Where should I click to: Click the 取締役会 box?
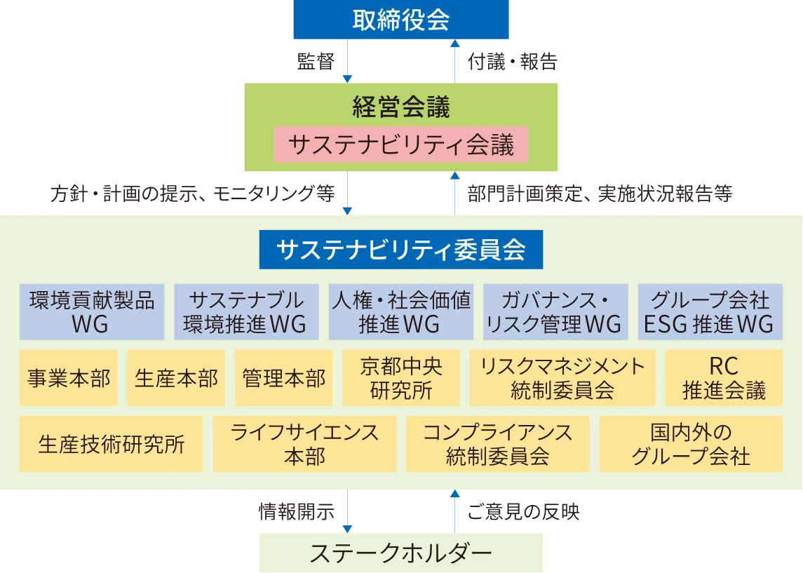tap(400, 20)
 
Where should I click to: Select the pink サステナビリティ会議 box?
tap(400, 145)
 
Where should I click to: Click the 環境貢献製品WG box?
tap(92, 312)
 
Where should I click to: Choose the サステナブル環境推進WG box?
tap(246, 312)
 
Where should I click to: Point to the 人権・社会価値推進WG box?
tap(400, 312)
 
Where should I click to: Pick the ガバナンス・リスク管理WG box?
tap(555, 312)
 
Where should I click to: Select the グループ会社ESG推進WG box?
tap(710, 312)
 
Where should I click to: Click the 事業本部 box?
tap(69, 379)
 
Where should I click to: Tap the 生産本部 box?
tap(176, 379)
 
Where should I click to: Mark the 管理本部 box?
tap(284, 379)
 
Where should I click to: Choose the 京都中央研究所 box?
tap(400, 379)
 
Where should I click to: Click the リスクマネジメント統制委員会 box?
tap(562, 379)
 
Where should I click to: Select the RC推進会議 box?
tap(724, 379)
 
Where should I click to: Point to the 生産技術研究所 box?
tap(111, 444)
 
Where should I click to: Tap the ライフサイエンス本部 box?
tap(304, 444)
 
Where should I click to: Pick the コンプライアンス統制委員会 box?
tap(497, 444)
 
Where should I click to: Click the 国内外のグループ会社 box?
tap(691, 444)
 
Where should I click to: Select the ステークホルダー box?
tap(400, 553)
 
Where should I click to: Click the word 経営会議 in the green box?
tap(400, 107)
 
